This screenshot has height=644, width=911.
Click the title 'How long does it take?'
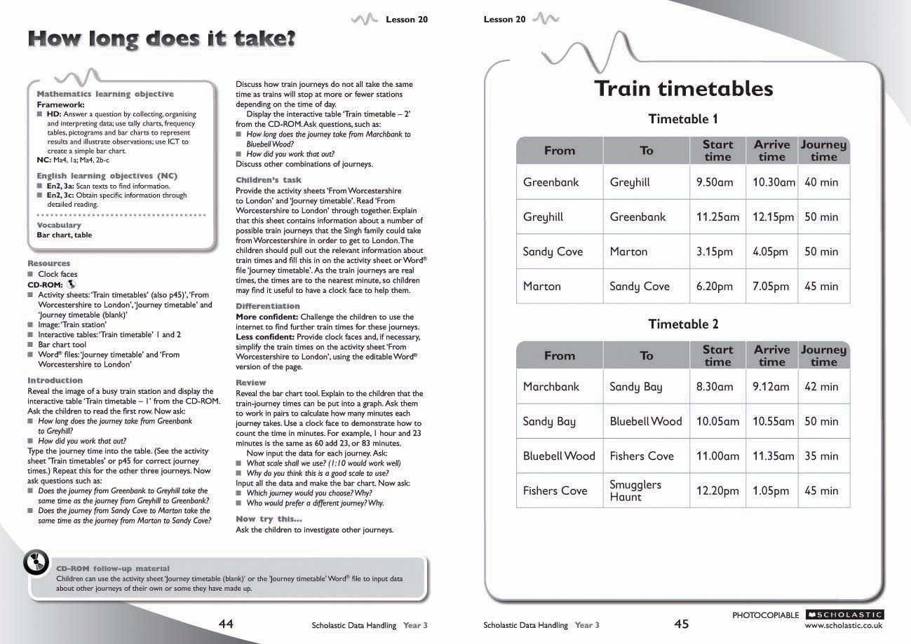[x=161, y=39]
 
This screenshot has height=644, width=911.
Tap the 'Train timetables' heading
[x=683, y=89]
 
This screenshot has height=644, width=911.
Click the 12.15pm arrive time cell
[x=773, y=217]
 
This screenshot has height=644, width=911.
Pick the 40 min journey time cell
[x=821, y=182]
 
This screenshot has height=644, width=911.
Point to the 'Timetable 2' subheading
[x=683, y=324]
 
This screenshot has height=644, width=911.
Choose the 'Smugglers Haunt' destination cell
[x=635, y=491]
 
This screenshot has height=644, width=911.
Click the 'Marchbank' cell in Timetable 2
[x=551, y=387]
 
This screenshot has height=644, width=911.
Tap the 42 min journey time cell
[x=821, y=387]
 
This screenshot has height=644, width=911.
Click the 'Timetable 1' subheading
[x=683, y=119]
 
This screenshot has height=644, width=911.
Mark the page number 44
[x=226, y=624]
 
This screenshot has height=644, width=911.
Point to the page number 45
[x=682, y=624]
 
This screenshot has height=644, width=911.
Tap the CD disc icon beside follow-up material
[x=36, y=562]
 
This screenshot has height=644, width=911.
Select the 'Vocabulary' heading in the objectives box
[x=59, y=225]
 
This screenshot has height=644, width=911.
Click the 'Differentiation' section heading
[x=267, y=306]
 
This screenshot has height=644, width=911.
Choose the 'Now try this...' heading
[x=269, y=519]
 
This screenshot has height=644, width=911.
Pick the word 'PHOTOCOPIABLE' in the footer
[x=765, y=615]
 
